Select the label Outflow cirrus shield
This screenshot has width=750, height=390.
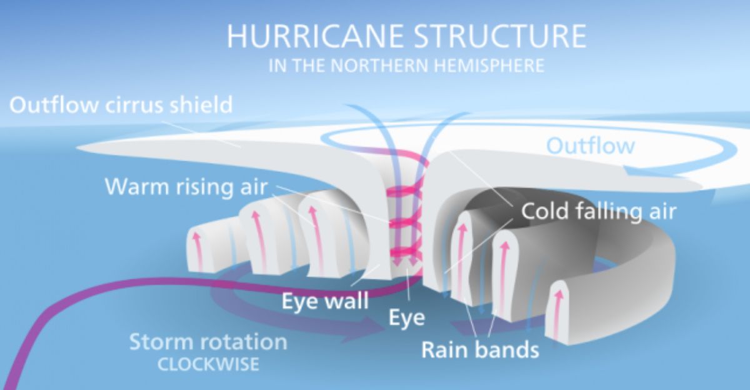point(121,104)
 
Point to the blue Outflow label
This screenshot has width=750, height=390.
point(591,146)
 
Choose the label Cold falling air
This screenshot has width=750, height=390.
point(599,211)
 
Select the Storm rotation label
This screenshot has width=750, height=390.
point(208,342)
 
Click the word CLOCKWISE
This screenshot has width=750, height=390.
point(208,364)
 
